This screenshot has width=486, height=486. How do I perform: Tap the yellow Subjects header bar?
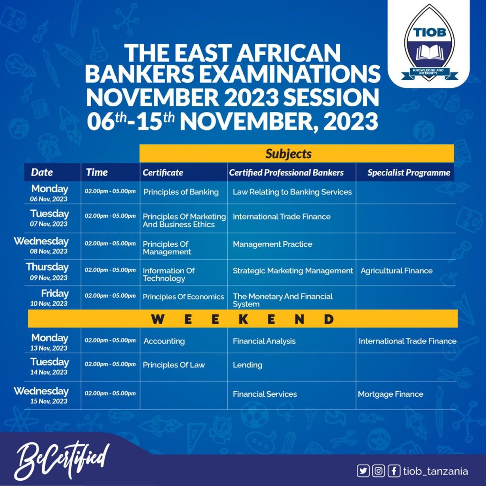click(x=297, y=154)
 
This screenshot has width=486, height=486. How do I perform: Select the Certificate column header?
click(x=163, y=173)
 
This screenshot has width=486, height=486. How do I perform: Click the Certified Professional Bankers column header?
click(x=286, y=173)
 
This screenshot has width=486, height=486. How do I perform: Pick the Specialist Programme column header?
click(x=409, y=173)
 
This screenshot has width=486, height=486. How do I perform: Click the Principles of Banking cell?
click(x=181, y=192)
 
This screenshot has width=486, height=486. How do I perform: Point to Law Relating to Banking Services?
click(x=292, y=192)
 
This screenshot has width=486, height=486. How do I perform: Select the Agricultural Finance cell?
click(x=396, y=271)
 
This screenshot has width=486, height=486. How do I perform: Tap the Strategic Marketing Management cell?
click(x=293, y=271)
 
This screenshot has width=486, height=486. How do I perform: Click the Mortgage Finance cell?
click(x=390, y=394)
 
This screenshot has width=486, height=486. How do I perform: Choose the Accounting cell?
click(x=164, y=341)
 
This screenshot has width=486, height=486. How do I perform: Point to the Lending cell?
click(x=247, y=365)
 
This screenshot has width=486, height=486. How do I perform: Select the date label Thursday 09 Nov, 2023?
click(x=47, y=271)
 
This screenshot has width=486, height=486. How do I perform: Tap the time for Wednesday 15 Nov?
click(x=110, y=393)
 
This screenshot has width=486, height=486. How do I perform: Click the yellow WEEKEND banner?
click(x=243, y=319)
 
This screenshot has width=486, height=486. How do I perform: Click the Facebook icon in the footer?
click(x=393, y=471)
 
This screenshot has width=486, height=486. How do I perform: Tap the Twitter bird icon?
click(x=363, y=471)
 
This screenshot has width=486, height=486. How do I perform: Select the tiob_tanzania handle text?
click(x=435, y=471)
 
